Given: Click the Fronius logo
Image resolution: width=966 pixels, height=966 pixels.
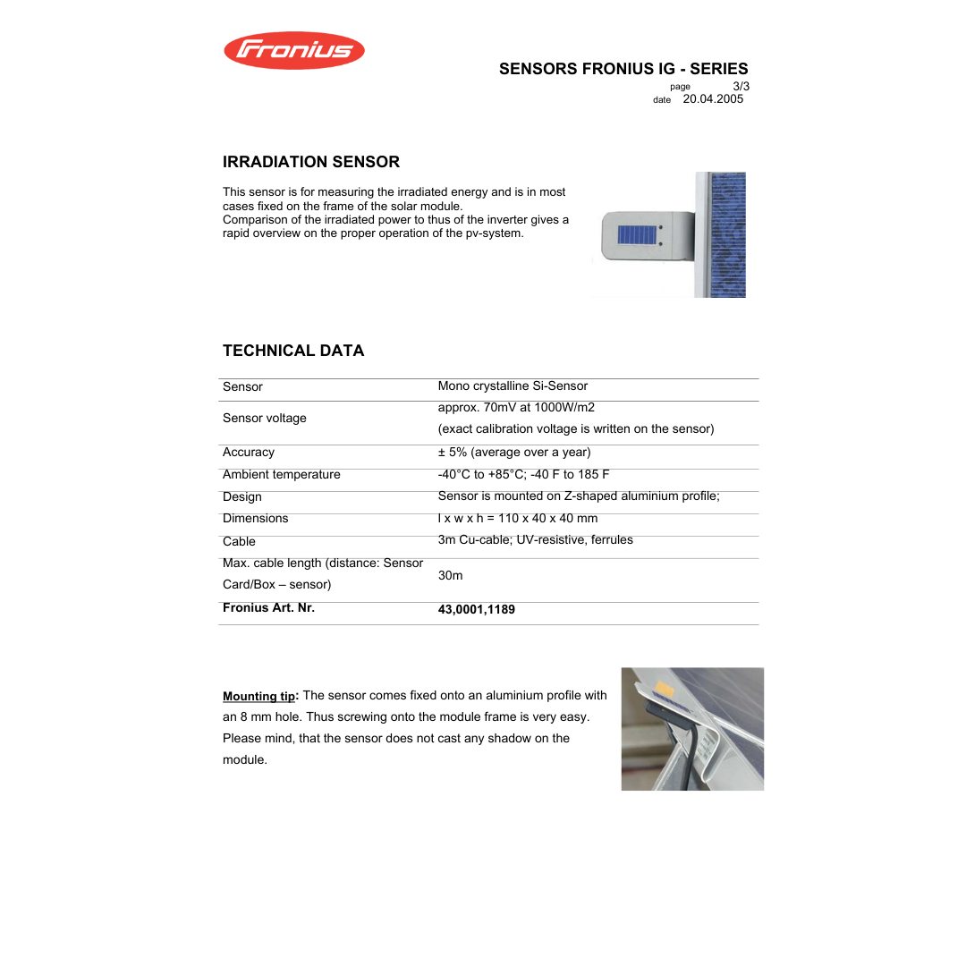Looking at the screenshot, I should (x=293, y=50).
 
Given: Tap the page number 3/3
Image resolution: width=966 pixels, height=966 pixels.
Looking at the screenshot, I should (x=741, y=86).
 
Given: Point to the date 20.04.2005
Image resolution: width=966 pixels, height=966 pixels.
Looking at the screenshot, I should (x=713, y=99).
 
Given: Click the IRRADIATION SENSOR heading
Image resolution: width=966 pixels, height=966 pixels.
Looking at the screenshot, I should (x=310, y=162).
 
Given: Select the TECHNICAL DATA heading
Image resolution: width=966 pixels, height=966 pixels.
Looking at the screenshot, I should (x=293, y=351).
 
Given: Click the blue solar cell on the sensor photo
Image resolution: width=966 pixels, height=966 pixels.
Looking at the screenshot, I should (x=637, y=235).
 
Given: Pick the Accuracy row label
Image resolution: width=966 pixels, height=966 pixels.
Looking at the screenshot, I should (x=249, y=453).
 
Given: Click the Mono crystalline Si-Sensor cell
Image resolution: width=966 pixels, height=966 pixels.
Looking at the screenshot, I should (x=513, y=386).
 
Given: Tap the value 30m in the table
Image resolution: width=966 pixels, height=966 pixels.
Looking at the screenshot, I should (x=450, y=576).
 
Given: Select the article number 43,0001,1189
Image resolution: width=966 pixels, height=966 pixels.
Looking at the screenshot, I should (x=476, y=610).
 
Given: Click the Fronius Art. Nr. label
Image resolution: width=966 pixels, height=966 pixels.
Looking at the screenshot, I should (x=268, y=608).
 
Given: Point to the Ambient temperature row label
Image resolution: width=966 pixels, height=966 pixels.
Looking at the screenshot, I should (x=281, y=475).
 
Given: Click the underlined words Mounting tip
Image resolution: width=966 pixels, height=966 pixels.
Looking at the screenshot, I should (x=258, y=697).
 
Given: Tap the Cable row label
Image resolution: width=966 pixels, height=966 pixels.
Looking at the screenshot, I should (x=239, y=541).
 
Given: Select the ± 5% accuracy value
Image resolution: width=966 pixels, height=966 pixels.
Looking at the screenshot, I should (x=513, y=453).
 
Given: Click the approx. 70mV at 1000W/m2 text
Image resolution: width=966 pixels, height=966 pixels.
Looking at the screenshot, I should (x=516, y=408).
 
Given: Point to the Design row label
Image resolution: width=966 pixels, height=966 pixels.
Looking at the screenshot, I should (x=242, y=497).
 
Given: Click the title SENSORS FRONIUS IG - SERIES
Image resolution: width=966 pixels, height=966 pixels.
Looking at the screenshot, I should (x=623, y=69).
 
